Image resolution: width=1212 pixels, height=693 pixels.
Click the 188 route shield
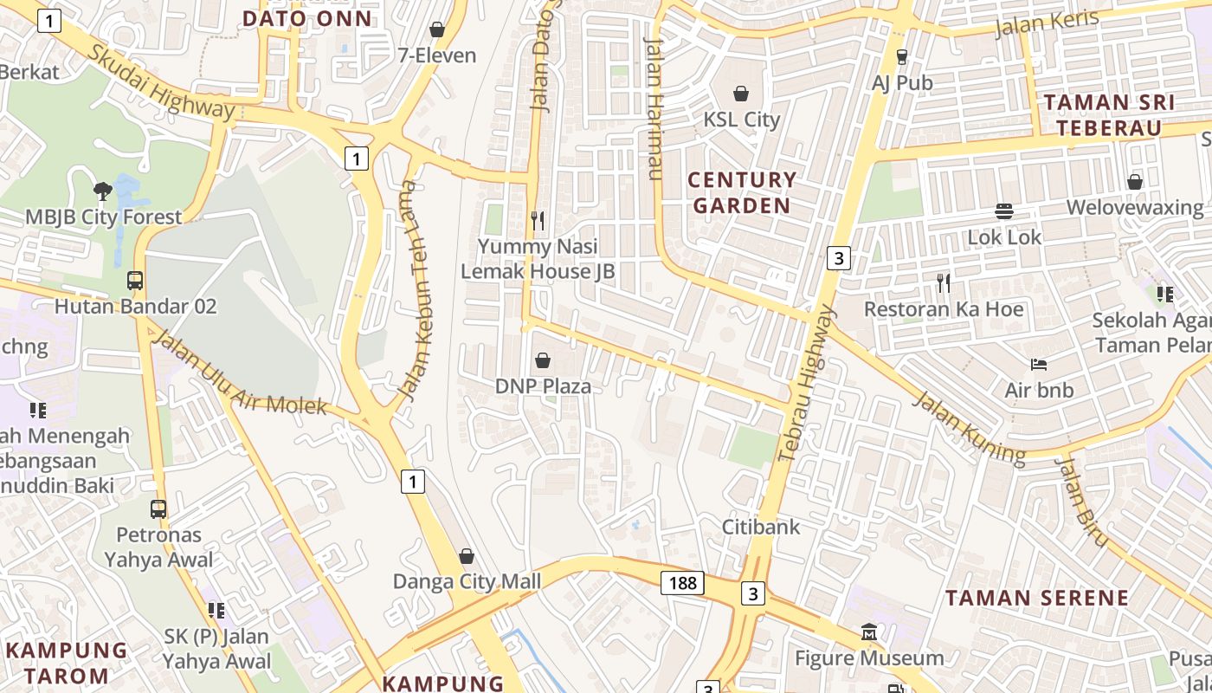coord(682,583)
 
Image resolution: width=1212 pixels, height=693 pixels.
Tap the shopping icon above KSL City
coord(741,93)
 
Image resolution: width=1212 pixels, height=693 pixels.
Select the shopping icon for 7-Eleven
coord(437,29)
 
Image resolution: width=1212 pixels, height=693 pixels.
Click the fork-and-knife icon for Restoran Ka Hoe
coord(943,282)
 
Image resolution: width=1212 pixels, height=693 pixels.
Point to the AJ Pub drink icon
coord(902,56)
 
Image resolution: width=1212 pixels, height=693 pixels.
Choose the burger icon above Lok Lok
coord(1004,210)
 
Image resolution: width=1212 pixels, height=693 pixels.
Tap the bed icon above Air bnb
coord(1039,365)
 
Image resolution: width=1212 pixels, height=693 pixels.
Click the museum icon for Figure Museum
coord(869,633)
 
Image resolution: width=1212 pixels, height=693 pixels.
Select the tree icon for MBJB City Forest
coord(103,191)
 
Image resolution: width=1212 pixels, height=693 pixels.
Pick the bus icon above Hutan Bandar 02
coord(135,281)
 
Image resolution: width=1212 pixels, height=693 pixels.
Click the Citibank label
coord(762,527)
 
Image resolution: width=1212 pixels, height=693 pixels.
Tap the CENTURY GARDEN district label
coord(741,192)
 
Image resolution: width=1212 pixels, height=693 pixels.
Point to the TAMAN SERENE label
coord(1036,598)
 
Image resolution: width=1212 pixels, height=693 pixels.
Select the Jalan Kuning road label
coord(969,426)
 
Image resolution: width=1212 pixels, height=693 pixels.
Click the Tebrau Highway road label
coord(808,382)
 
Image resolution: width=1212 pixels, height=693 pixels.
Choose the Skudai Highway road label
coord(160,82)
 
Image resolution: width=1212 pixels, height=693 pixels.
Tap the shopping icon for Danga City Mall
coord(467,556)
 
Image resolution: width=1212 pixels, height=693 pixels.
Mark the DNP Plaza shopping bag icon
coord(543,360)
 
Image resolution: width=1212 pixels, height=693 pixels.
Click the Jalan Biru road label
coord(1082,502)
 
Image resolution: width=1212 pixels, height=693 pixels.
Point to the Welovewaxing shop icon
coord(1134,182)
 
